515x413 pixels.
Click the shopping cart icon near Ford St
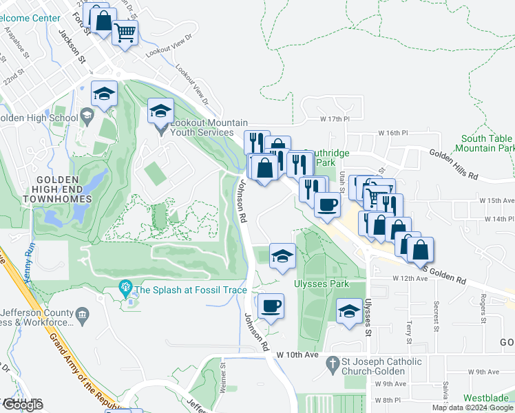[125, 32]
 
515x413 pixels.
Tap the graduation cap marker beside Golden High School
[104, 94]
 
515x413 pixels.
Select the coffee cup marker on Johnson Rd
[271, 305]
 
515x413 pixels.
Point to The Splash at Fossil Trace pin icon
[125, 287]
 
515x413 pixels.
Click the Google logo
[23, 405]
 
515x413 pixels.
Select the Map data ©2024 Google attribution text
[472, 407]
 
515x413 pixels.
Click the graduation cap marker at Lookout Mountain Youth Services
[160, 110]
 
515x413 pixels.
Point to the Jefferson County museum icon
[83, 315]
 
